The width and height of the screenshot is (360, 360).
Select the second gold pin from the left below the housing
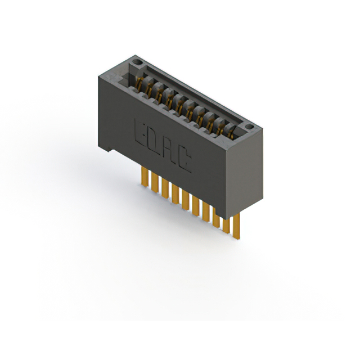[154, 183]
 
